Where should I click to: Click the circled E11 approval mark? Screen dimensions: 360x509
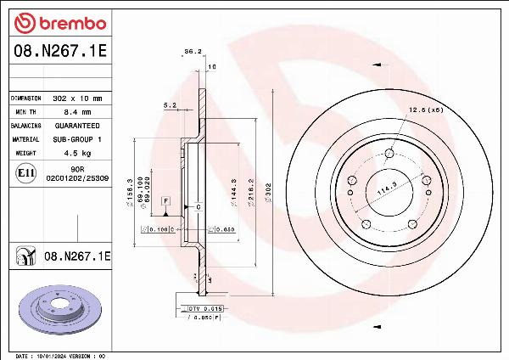(x=25, y=174)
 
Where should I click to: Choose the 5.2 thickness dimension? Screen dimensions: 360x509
(x=169, y=106)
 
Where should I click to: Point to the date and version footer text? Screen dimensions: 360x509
(x=59, y=355)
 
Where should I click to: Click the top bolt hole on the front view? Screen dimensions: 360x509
(x=389, y=154)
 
